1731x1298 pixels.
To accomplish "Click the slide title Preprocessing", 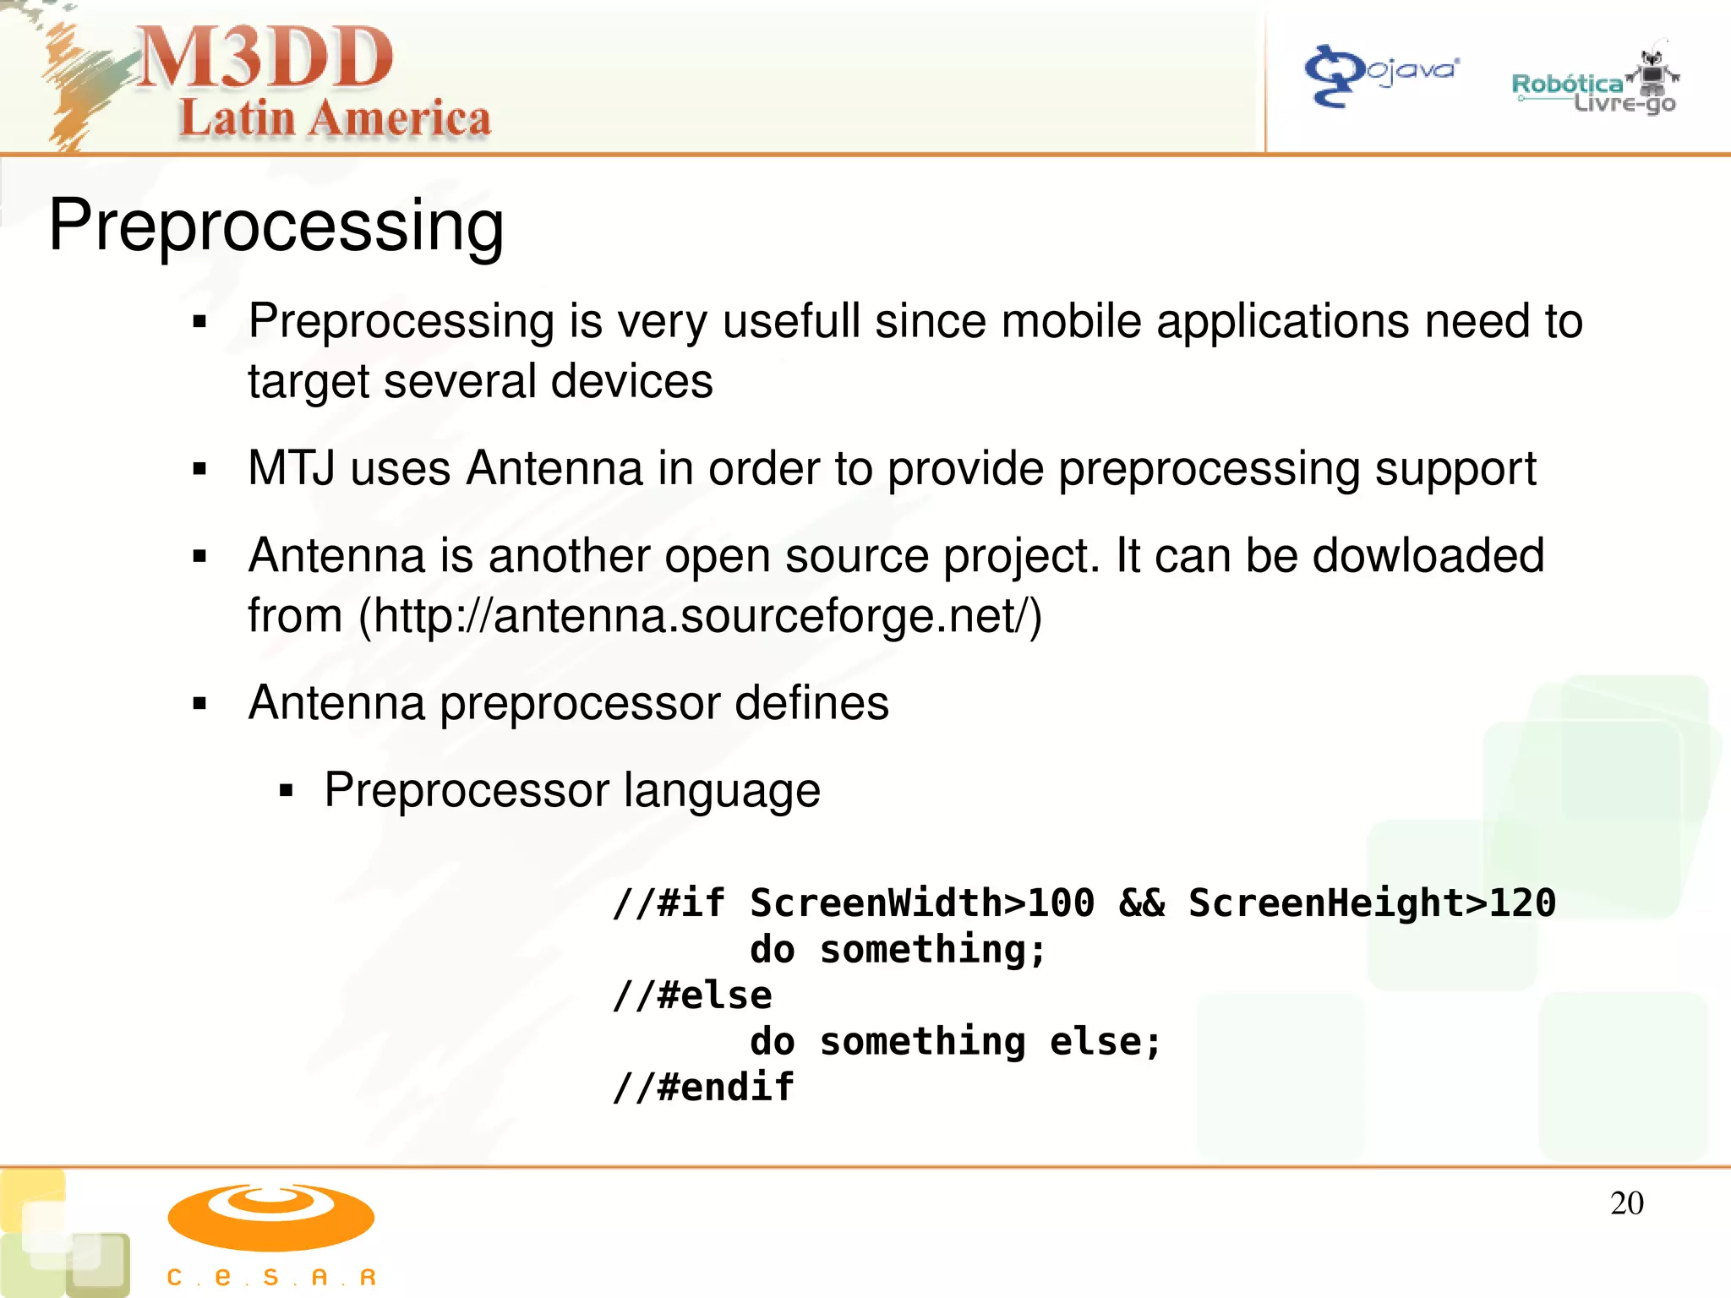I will pos(276,225).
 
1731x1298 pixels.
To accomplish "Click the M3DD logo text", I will pos(265,57).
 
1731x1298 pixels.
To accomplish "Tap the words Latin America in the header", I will pos(335,118).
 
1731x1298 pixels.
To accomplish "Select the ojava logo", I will pos(1382,74).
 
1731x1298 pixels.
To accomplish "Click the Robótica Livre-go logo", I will pos(1594,85).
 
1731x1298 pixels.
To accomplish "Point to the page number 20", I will pos(1626,1203).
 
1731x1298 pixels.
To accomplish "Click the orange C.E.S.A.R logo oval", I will pos(270,1217).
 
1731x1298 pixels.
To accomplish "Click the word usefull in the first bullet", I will pos(790,322).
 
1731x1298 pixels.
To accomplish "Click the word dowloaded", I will pos(1428,556).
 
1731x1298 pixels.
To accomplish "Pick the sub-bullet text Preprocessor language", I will pos(572,790).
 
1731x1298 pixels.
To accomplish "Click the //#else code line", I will pos(692,995).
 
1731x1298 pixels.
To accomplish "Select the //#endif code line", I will pos(703,1087).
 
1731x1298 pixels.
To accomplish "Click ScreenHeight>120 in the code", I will pos(1371,903).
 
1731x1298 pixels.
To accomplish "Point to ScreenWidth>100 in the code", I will pos(921,903).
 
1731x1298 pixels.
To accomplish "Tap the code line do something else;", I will pos(955,1041).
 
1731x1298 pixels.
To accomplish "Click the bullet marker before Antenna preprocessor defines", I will pos(199,703).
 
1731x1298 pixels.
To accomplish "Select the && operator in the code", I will pos(1141,903).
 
